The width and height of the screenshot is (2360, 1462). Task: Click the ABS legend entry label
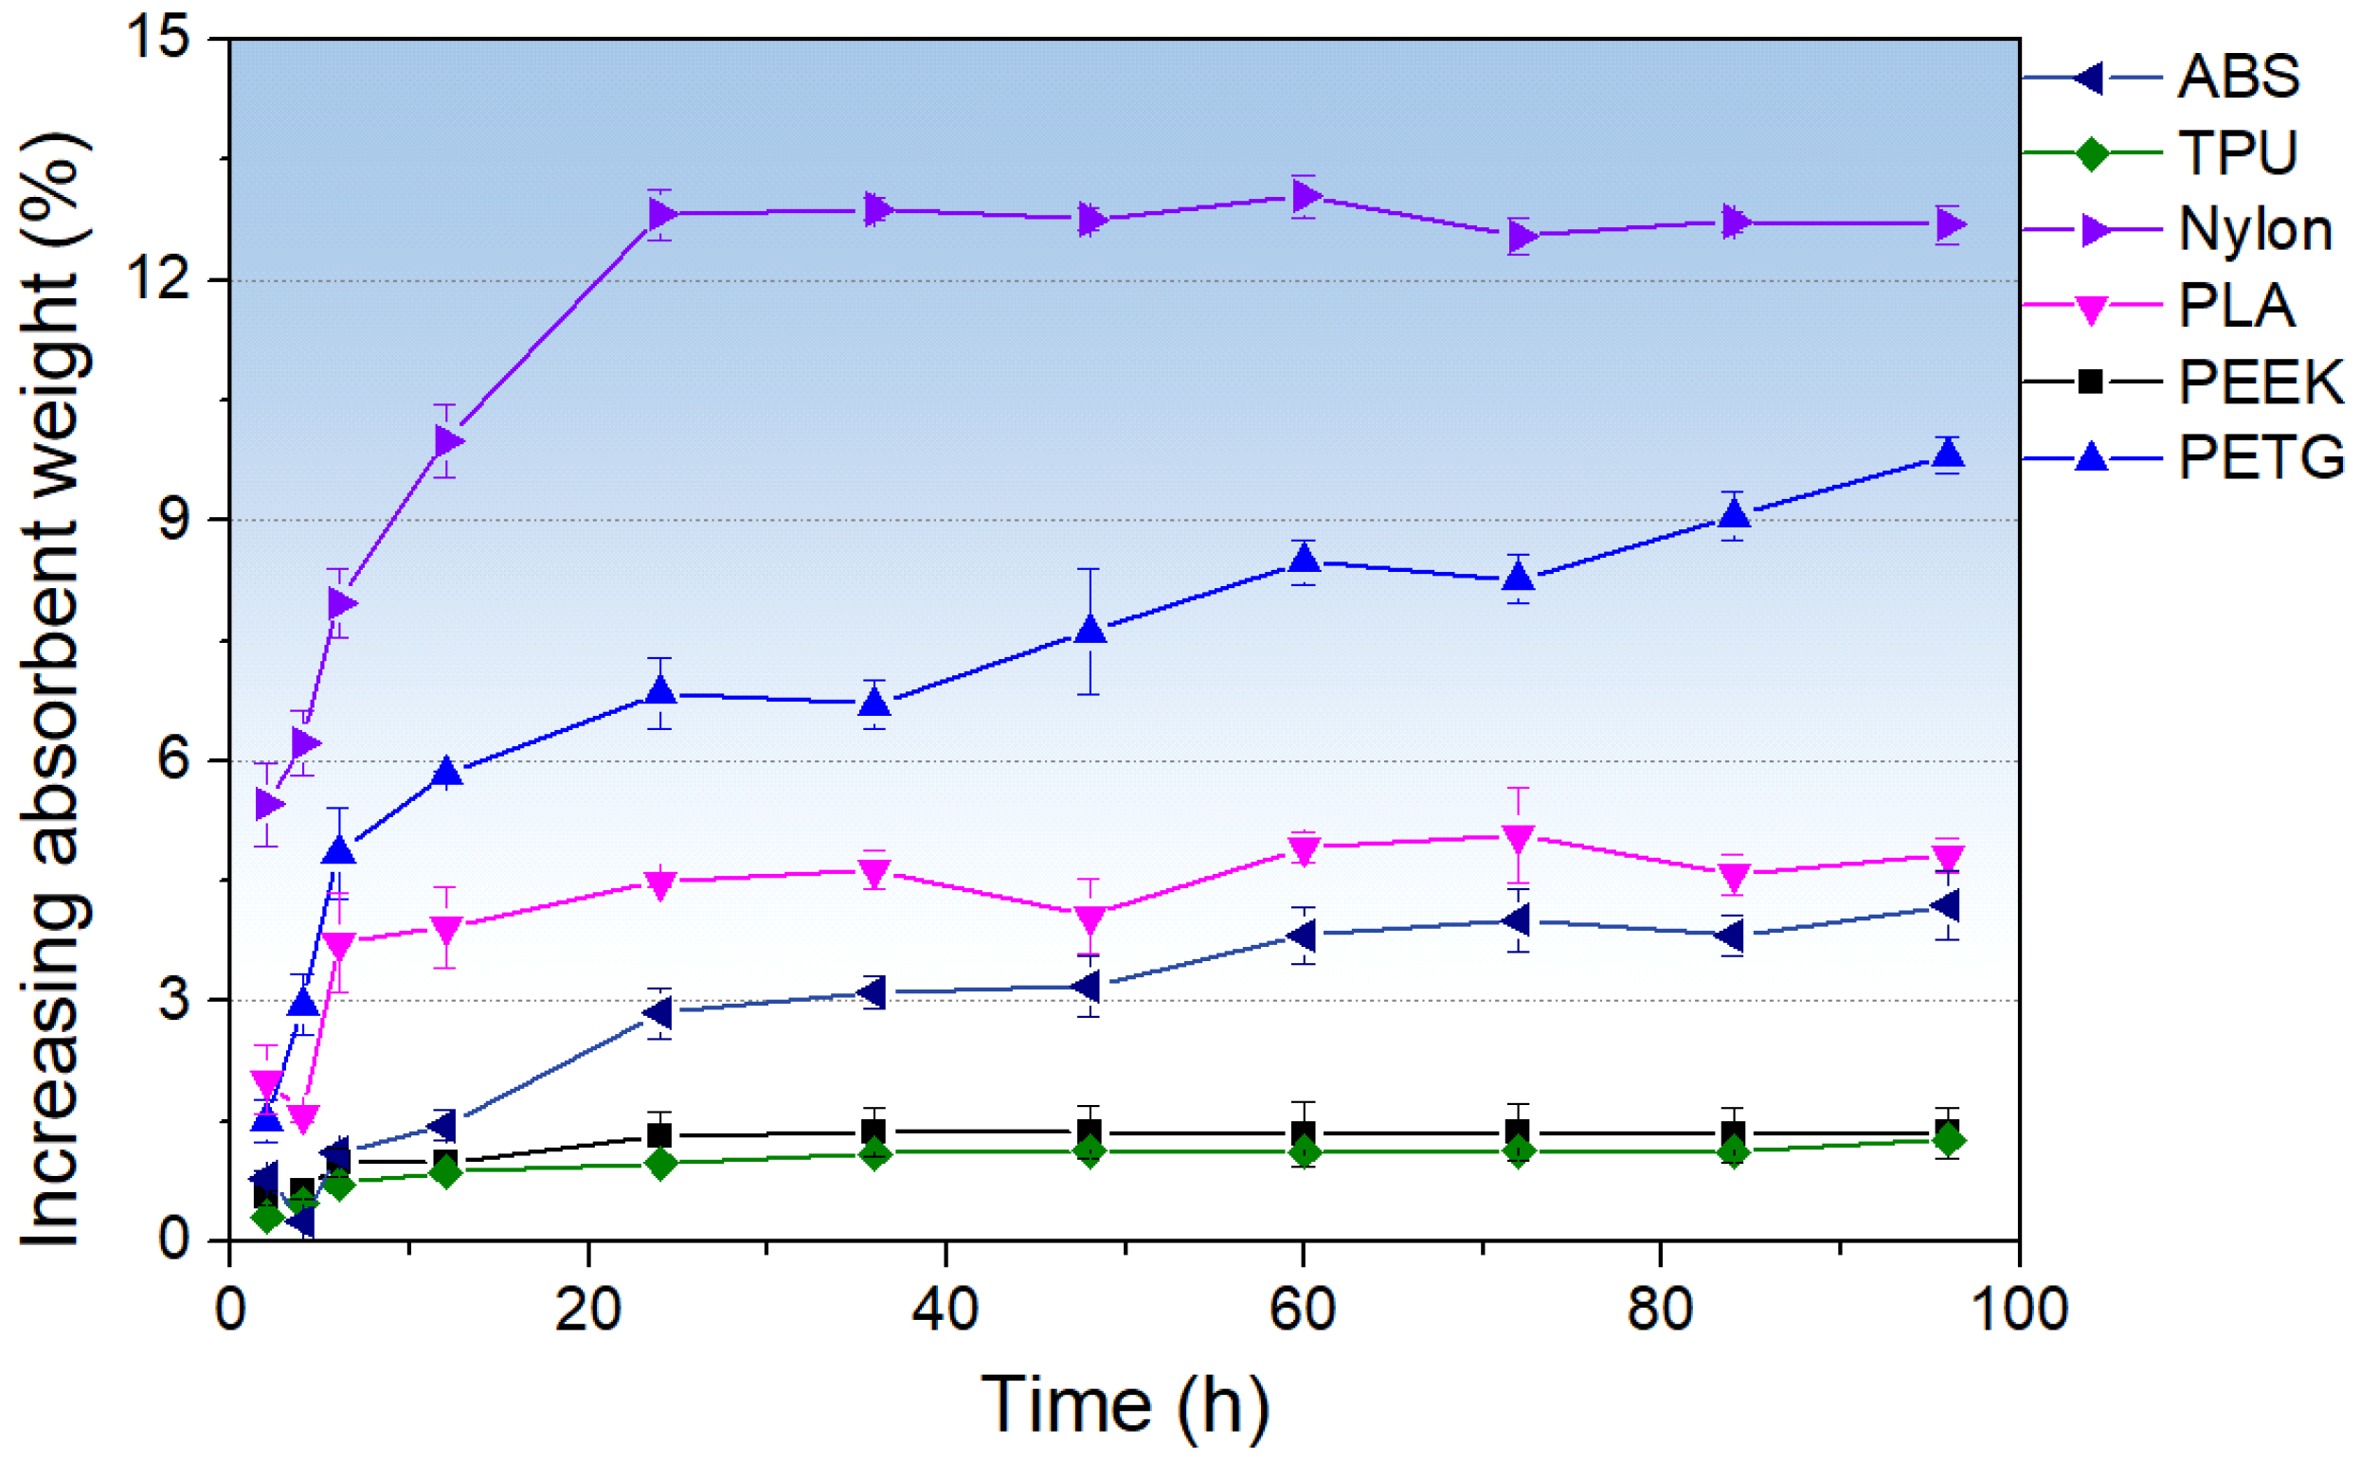tap(2237, 77)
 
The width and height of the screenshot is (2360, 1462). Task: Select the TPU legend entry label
tap(2237, 152)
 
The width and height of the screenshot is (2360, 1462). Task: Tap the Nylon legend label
tap(2255, 230)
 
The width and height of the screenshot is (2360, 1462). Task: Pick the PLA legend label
tap(2235, 307)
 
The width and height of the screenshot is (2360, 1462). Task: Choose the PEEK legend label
tap(2261, 382)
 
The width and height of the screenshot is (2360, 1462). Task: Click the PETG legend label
tap(2261, 457)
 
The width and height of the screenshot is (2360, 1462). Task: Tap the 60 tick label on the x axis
tap(1302, 1310)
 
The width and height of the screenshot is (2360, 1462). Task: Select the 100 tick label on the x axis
tap(2018, 1310)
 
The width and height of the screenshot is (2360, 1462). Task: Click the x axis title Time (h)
tap(1124, 1404)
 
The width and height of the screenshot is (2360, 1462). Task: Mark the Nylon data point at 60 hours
tap(1306, 196)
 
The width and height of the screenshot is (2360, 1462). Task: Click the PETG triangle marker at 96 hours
tap(1947, 454)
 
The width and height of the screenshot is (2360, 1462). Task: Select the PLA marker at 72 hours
tap(1518, 837)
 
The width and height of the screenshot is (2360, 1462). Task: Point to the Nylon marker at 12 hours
tap(447, 442)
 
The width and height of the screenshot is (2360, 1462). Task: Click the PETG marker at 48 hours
tap(1090, 630)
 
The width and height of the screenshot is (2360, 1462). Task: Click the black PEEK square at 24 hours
tap(659, 1135)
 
